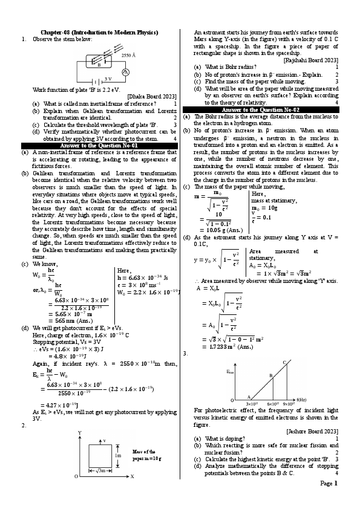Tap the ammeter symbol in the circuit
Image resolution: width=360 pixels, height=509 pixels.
tap(126, 71)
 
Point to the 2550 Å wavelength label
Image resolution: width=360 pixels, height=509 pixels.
tap(128, 55)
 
